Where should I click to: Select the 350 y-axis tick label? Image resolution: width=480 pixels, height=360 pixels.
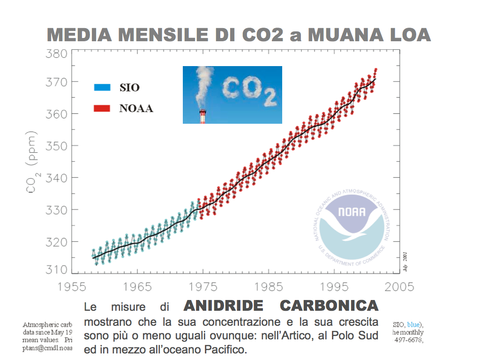pyautogui.click(x=56, y=146)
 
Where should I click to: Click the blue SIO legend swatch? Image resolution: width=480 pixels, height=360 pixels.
pyautogui.click(x=102, y=87)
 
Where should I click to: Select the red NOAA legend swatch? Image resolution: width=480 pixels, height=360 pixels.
pyautogui.click(x=102, y=108)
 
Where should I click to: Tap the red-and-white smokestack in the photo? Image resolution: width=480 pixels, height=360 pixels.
pyautogui.click(x=203, y=116)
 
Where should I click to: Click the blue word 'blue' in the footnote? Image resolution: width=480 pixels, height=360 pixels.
pyautogui.click(x=414, y=324)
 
